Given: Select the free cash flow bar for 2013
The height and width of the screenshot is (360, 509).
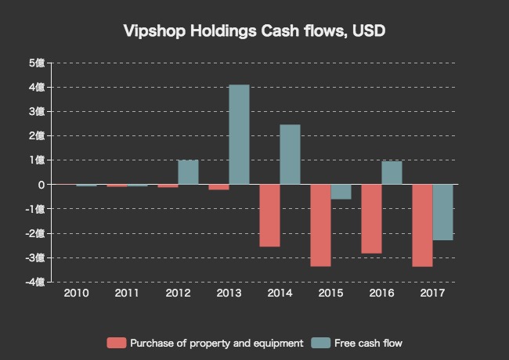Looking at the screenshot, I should (x=239, y=135).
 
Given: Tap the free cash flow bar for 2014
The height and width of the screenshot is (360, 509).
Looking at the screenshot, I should (x=290, y=155).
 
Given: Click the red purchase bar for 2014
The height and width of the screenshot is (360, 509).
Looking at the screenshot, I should (x=269, y=215).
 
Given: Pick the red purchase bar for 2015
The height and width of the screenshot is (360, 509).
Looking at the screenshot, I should (x=320, y=225).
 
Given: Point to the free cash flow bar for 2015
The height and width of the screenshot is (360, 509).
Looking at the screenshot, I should (x=341, y=192).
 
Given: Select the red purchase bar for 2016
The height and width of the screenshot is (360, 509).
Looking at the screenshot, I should (x=371, y=219).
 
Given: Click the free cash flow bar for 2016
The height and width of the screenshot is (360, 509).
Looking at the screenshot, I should (x=392, y=173).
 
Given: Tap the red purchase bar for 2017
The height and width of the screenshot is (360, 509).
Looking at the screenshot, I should (x=422, y=225).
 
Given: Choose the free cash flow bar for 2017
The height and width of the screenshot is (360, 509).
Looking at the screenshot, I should (x=442, y=212).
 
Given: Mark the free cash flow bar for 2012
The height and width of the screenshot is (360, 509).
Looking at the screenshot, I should (x=188, y=172).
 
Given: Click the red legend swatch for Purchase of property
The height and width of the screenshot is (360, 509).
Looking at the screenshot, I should (x=116, y=343).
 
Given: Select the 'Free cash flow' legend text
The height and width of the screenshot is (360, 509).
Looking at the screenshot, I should (x=367, y=343).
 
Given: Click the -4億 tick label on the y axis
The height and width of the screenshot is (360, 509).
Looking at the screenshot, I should (x=35, y=282).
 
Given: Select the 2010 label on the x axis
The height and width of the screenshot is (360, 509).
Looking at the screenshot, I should (x=76, y=293).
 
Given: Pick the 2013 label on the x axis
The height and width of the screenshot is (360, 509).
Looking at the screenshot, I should (x=229, y=293).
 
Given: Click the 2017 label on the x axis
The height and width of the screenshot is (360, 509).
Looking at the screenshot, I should (x=432, y=293).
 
